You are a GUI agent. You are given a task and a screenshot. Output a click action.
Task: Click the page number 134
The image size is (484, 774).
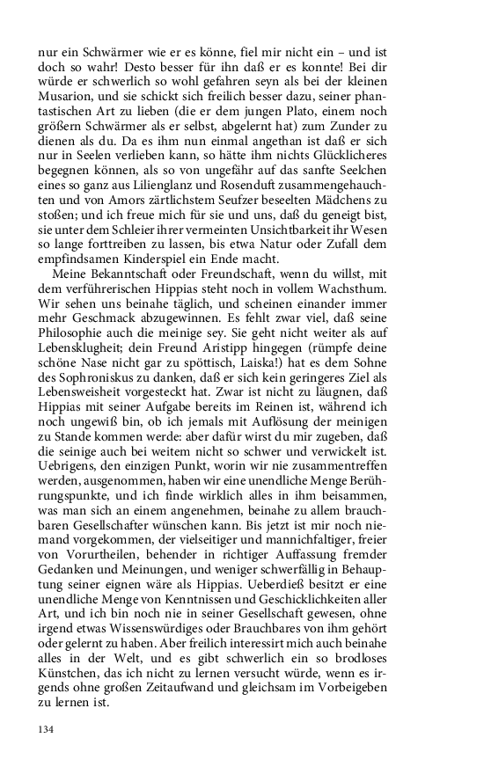(47, 730)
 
